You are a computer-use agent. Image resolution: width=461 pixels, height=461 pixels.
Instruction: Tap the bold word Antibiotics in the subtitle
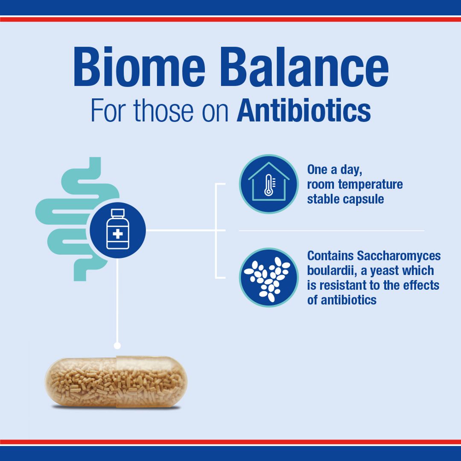coord(303,110)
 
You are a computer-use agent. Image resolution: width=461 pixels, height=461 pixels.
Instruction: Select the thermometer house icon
coord(268,184)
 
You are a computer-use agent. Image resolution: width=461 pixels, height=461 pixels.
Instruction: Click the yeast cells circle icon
coord(268,277)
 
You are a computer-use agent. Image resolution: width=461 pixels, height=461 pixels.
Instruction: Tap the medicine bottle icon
coord(117,230)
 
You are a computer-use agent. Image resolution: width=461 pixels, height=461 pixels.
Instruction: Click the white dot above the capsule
coord(117,345)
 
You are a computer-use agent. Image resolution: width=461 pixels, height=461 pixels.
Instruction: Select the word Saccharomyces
coord(399,256)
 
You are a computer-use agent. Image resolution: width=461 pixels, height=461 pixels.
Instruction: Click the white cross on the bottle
coord(117,234)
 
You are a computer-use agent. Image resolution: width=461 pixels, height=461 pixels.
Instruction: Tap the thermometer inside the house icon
coord(268,186)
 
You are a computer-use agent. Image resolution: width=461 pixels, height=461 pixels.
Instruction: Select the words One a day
coord(335,169)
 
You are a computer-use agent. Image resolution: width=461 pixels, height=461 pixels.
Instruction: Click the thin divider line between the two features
coord(331,230)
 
